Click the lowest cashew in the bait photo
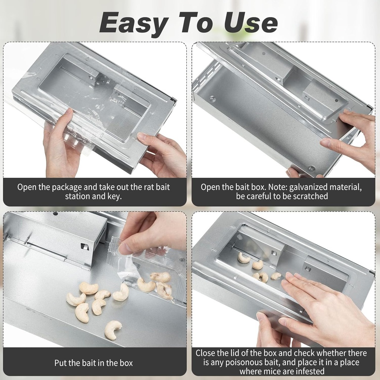coord(113,330)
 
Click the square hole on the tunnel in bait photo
coord(83,246)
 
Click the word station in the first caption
coord(78,196)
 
